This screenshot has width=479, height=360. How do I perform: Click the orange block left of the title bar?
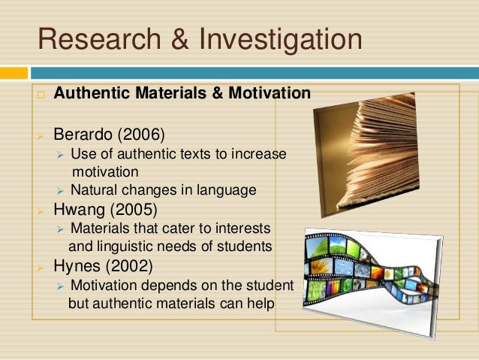14,73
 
